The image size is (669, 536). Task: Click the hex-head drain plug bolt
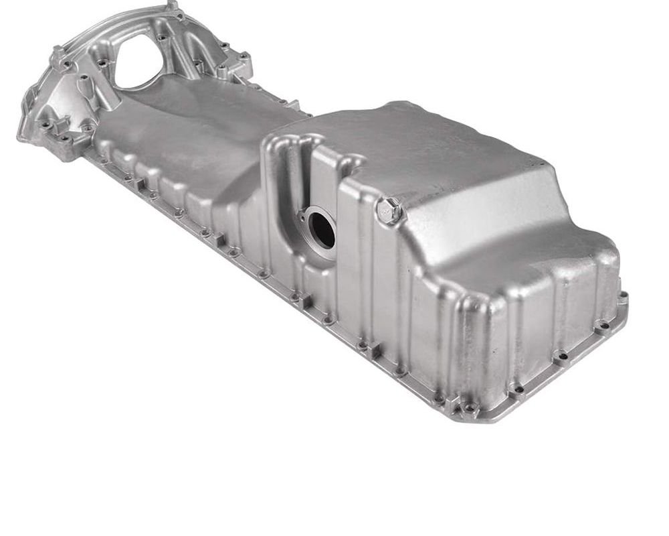point(389,211)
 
